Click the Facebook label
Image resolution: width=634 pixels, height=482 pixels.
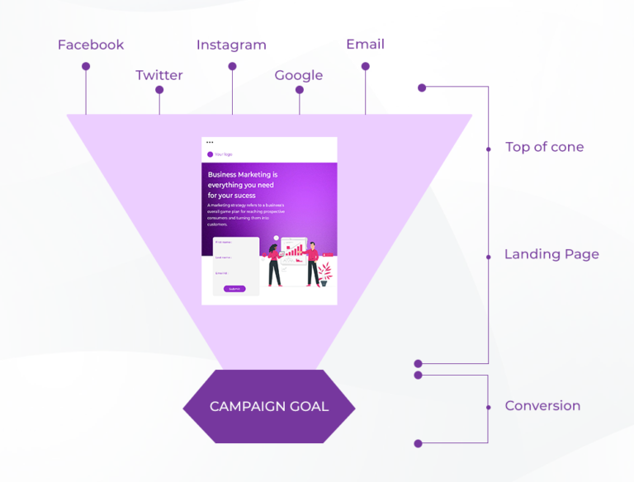(91, 45)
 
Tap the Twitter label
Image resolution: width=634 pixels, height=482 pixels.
(159, 75)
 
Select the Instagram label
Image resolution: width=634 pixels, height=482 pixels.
(231, 45)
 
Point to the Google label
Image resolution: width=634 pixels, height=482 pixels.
(299, 75)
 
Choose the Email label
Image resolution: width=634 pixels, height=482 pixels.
(365, 45)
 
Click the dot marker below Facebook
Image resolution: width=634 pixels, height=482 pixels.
(86, 67)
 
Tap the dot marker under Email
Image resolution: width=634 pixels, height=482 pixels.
(365, 66)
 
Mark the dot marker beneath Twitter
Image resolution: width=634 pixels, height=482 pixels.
(159, 90)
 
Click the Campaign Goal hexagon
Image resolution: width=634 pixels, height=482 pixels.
(269, 406)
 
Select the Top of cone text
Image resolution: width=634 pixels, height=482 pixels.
(544, 147)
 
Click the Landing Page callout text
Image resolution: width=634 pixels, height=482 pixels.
(551, 254)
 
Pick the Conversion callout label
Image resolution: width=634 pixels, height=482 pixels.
(542, 405)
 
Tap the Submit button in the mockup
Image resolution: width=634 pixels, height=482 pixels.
(234, 289)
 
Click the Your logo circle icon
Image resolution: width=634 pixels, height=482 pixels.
(210, 154)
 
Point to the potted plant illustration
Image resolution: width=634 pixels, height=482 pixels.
(325, 273)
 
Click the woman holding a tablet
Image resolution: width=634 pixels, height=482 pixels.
(274, 264)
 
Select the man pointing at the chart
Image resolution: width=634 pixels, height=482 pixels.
(313, 262)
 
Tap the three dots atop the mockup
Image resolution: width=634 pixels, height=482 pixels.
(210, 143)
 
